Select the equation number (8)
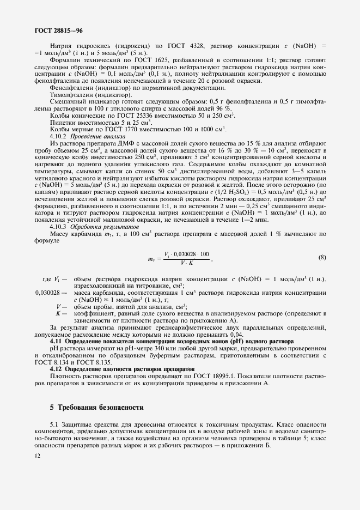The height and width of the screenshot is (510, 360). tap(322, 257)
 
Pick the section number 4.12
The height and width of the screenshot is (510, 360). tap(57, 369)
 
